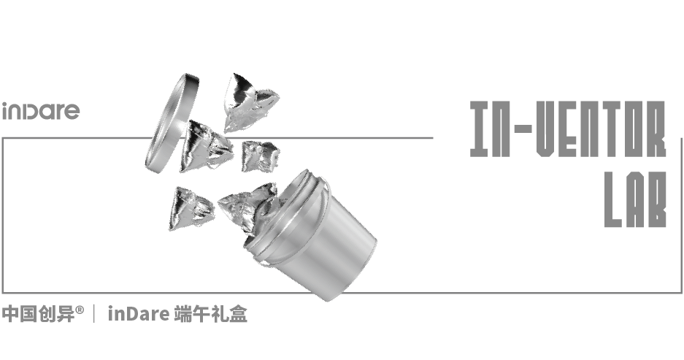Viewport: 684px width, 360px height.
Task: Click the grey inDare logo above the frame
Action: (41, 111)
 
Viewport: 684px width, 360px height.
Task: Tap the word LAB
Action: (635, 199)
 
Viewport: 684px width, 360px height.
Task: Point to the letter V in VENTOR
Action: (546, 129)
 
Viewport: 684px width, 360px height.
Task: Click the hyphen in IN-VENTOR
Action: (522, 129)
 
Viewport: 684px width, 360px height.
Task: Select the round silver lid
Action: (172, 123)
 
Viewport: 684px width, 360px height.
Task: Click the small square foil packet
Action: (260, 156)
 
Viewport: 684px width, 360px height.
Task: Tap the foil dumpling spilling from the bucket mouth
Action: (247, 210)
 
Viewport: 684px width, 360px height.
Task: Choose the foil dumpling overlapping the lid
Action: (205, 146)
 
